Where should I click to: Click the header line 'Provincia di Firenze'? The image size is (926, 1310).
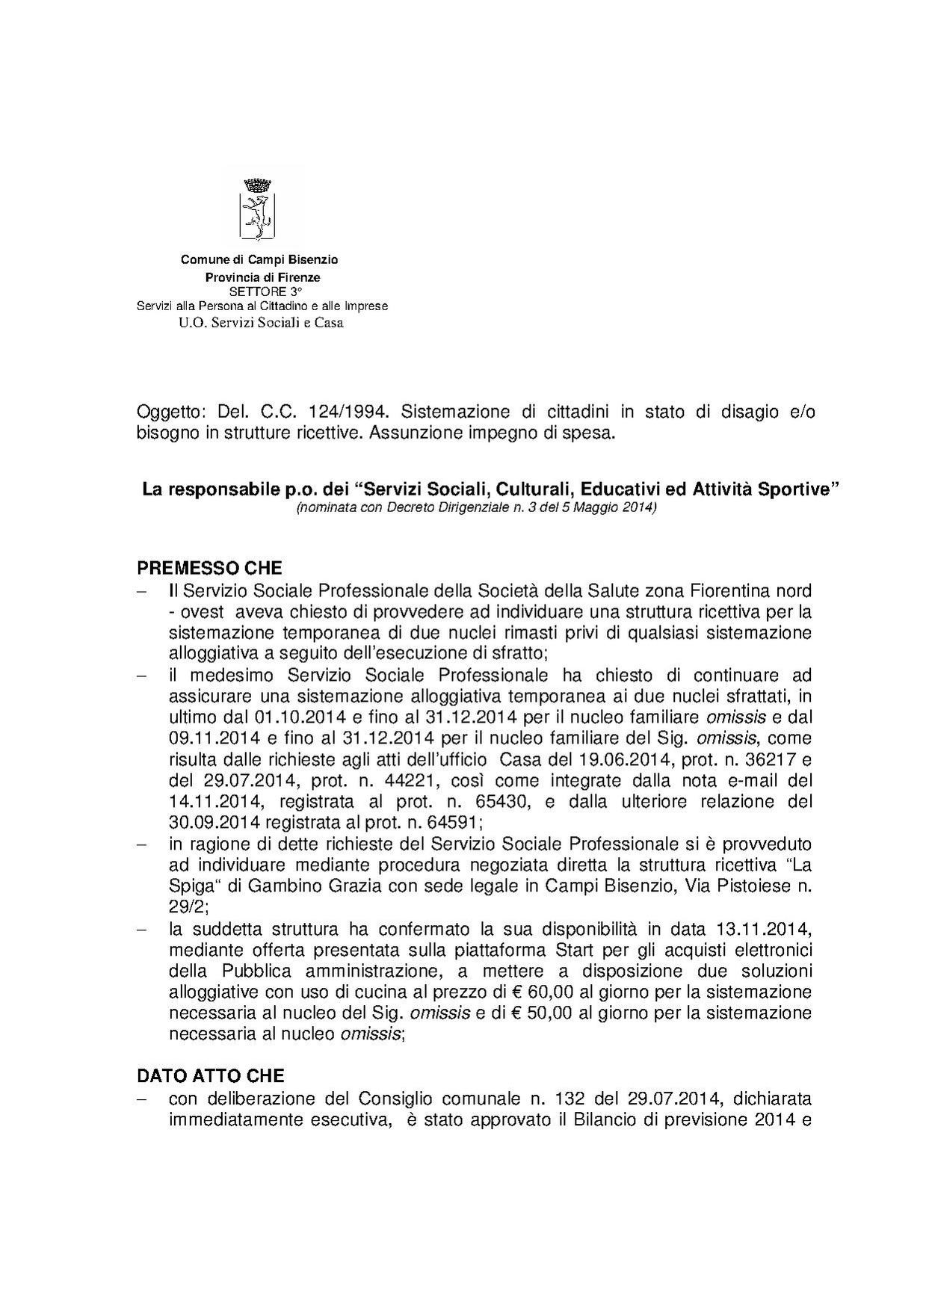pyautogui.click(x=262, y=277)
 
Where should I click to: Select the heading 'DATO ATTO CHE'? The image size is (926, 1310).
pyautogui.click(x=210, y=1075)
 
